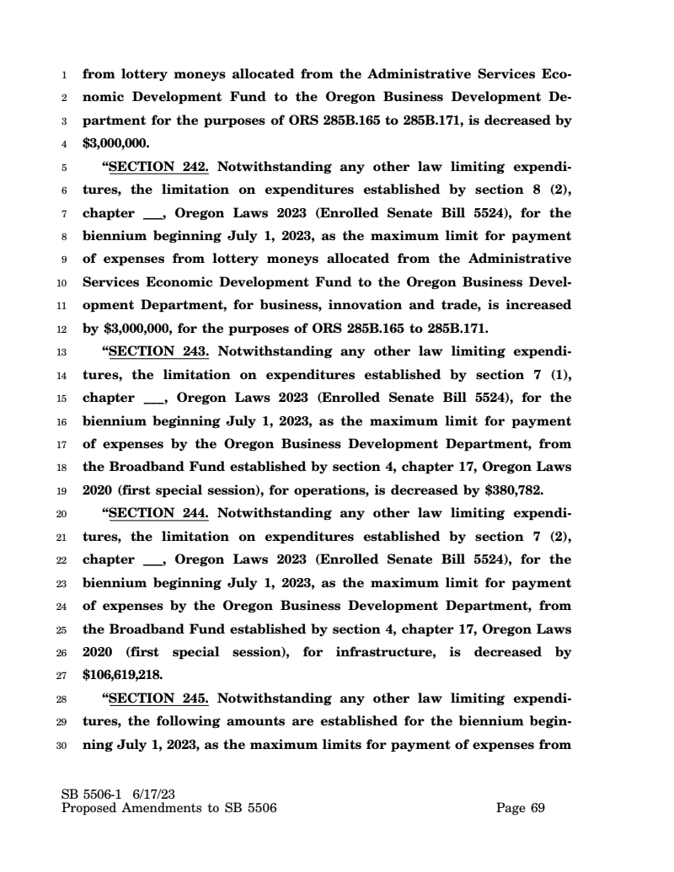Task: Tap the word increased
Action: [536, 304]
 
